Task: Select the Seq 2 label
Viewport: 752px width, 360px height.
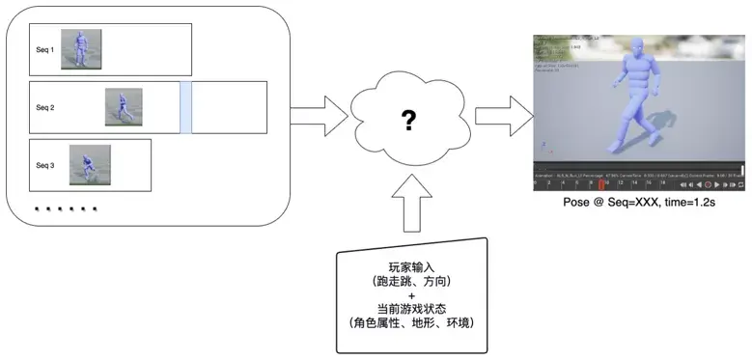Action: click(44, 107)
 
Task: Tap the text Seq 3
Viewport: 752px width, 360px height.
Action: click(45, 165)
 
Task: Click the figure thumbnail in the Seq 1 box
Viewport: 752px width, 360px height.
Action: click(81, 48)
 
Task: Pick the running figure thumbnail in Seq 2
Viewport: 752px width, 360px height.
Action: click(124, 107)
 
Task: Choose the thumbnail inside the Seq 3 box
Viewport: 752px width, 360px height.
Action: click(90, 165)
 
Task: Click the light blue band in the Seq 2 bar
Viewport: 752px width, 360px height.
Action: click(186, 107)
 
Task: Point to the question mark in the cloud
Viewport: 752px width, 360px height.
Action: click(409, 122)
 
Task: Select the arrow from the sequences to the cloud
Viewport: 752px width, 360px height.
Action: click(319, 116)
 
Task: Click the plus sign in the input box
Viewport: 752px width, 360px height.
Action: click(410, 293)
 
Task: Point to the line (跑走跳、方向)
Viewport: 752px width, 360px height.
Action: click(410, 280)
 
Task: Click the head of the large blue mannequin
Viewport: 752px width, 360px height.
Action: click(638, 48)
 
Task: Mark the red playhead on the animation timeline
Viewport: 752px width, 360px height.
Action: click(601, 182)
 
